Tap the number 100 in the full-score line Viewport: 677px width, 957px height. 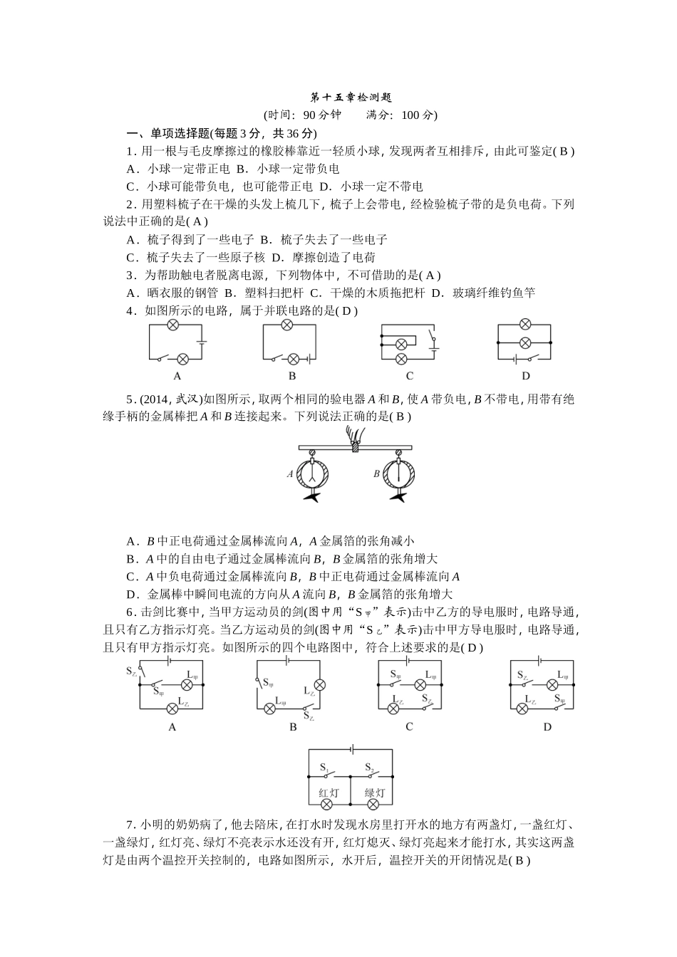tap(411, 115)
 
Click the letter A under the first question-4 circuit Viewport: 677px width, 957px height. tap(177, 376)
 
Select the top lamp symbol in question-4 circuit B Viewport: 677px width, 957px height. tap(286, 325)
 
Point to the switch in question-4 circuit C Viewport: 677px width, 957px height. tap(430, 334)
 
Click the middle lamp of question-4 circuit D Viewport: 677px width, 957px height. tap(525, 342)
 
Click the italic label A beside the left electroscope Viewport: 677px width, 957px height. tap(290, 473)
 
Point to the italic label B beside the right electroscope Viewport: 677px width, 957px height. tap(376, 473)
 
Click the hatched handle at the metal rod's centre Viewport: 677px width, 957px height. tap(354, 446)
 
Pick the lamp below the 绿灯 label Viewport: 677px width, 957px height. tap(373, 805)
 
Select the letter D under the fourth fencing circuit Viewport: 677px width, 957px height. tap(547, 727)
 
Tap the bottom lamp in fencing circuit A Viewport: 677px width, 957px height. tap(171, 708)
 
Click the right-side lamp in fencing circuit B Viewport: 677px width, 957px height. tap(320, 685)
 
